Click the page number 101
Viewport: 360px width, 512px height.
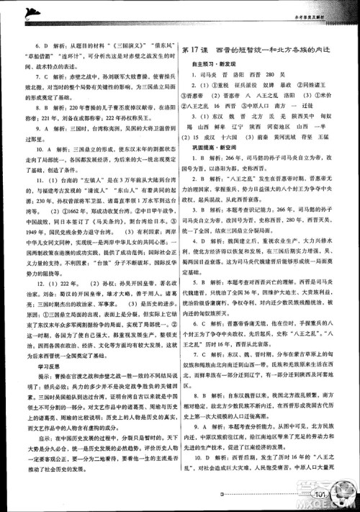(x=321, y=494)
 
